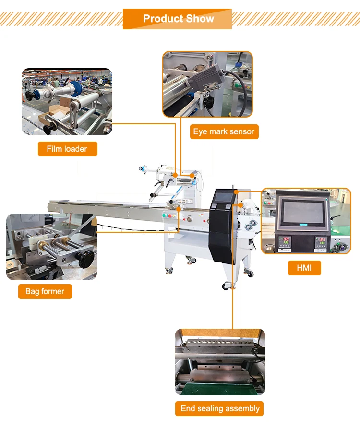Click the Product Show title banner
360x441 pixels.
tap(178, 19)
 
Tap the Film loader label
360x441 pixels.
tap(67, 149)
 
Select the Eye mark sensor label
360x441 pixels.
tap(224, 131)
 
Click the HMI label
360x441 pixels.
tap(304, 268)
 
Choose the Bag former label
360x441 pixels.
tap(45, 291)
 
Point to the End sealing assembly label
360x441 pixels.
tap(220, 408)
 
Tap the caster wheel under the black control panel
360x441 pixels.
tap(226, 286)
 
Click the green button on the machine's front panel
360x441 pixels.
tap(165, 215)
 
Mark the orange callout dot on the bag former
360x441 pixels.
tap(179, 209)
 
